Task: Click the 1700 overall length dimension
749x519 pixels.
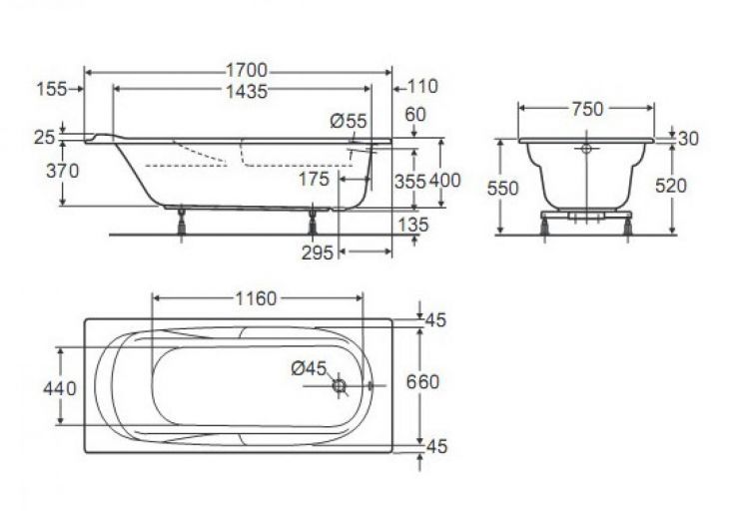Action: [246, 71]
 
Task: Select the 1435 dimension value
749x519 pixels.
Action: [246, 91]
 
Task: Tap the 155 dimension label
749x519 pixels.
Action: [52, 89]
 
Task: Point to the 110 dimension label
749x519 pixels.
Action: [422, 87]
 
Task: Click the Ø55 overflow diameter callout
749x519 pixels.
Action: [349, 121]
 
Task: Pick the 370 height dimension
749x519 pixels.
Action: [62, 171]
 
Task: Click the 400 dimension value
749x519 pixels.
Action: [444, 181]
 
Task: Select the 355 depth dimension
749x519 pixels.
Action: [409, 182]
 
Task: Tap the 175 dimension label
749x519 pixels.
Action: [314, 179]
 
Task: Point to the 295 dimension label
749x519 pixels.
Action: [318, 253]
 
